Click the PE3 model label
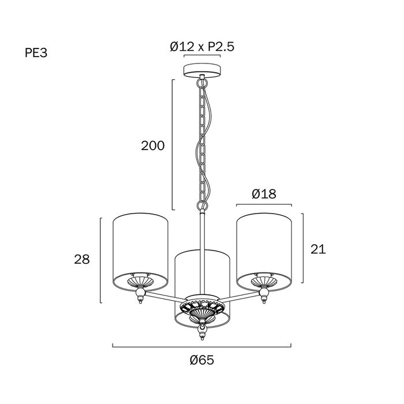[36, 53]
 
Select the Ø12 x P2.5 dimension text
[202, 47]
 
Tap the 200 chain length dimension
[152, 146]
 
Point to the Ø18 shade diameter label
[264, 194]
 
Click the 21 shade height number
[318, 249]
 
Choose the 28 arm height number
[82, 259]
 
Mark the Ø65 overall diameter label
[202, 360]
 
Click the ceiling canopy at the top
[202, 70]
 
